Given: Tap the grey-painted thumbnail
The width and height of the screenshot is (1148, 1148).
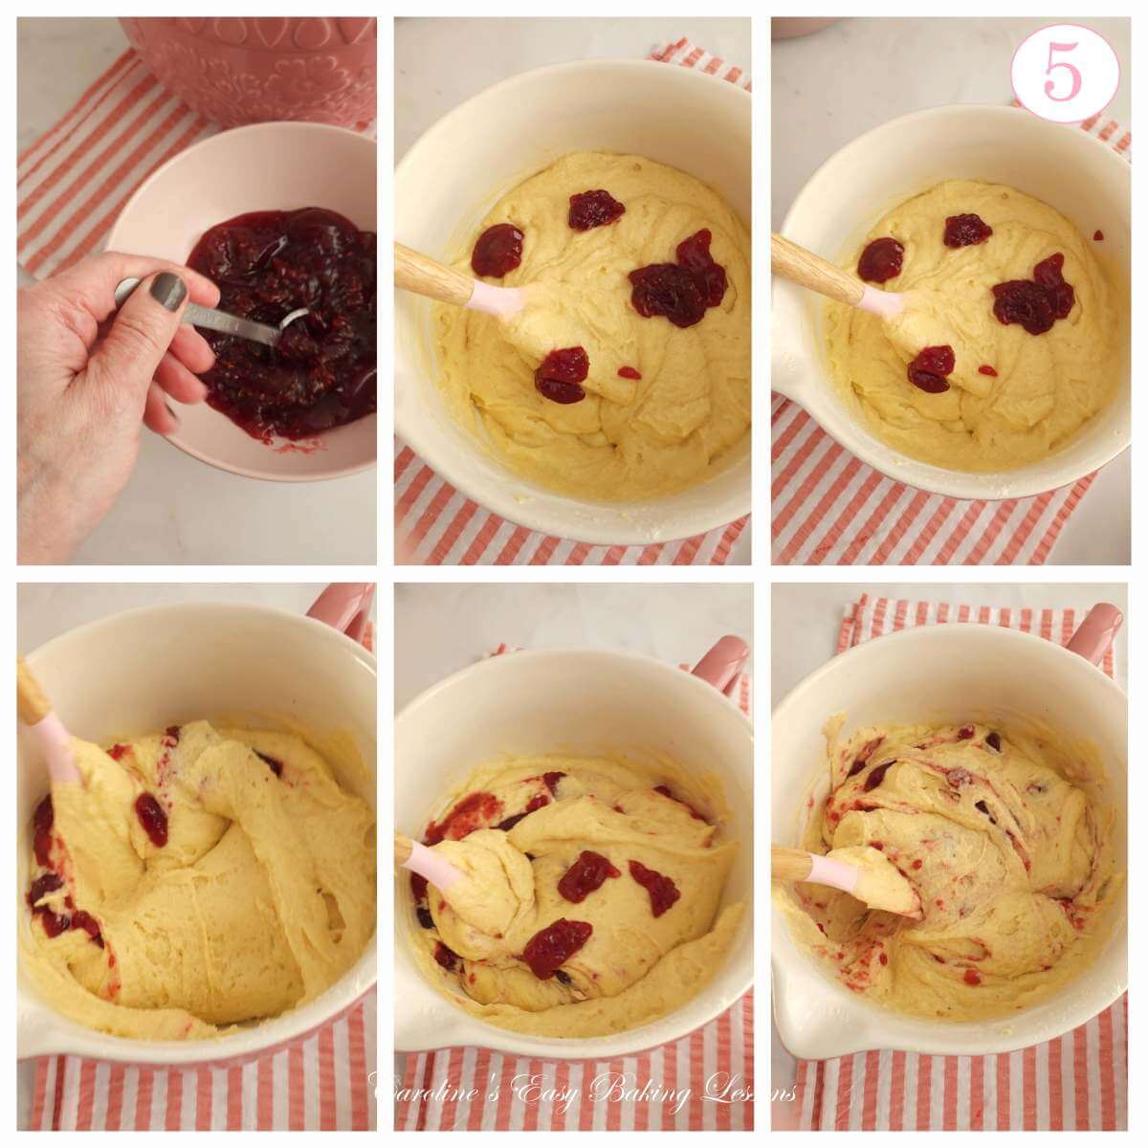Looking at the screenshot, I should (x=169, y=291).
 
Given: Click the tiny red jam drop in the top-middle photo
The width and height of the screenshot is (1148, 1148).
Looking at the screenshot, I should (x=628, y=372).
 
